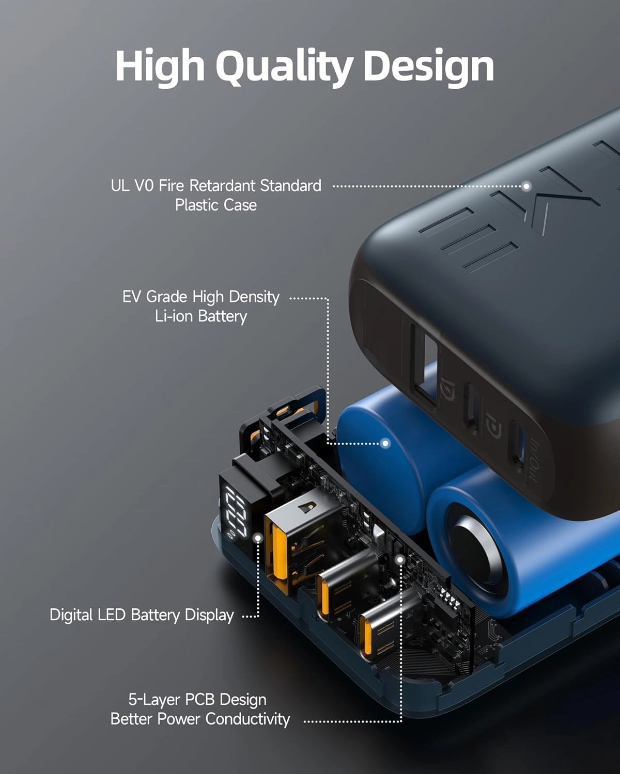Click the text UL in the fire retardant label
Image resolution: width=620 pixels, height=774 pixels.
tap(120, 186)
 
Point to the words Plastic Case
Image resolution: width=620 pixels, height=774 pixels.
tap(215, 205)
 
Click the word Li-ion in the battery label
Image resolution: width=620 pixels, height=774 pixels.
tap(174, 316)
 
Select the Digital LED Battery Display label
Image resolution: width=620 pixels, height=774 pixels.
tap(142, 615)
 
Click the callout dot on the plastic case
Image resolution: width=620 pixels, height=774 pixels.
tap(526, 186)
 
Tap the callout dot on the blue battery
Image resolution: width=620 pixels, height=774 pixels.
tap(385, 443)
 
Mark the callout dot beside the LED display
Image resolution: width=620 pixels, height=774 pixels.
tap(258, 538)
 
